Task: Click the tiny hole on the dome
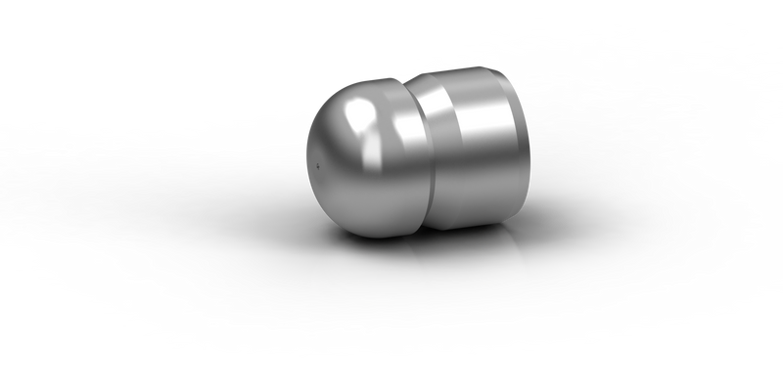[x=319, y=166]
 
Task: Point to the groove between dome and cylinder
[x=411, y=147]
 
